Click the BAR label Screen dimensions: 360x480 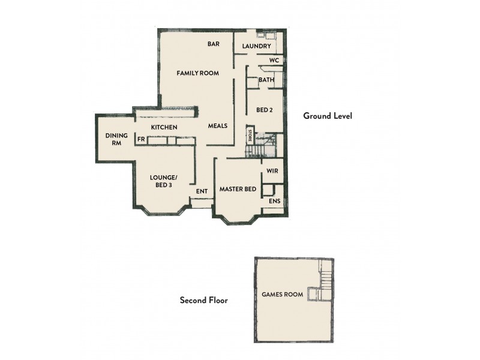213,44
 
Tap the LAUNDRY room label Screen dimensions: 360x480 257,46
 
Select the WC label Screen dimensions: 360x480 274,61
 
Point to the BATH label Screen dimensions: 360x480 266,80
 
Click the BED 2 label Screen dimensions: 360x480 265,110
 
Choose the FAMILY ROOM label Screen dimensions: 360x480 197,73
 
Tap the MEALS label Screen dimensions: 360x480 217,126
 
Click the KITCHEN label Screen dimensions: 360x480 164,127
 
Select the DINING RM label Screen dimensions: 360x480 116,139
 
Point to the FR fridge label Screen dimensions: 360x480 141,139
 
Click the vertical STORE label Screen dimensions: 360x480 250,134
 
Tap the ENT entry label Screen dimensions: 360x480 202,191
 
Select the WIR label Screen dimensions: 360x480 272,171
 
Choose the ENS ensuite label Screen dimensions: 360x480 274,201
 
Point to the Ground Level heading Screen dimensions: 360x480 327,116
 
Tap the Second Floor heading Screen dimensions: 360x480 204,300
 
